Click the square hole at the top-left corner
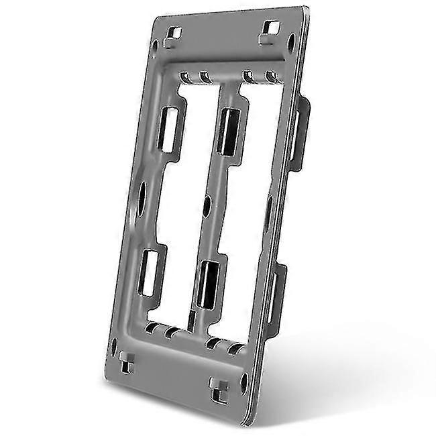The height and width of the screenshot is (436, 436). click(175, 32)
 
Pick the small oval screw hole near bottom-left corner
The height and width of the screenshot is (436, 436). click(115, 347)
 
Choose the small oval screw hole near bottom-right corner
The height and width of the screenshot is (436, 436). click(243, 384)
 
